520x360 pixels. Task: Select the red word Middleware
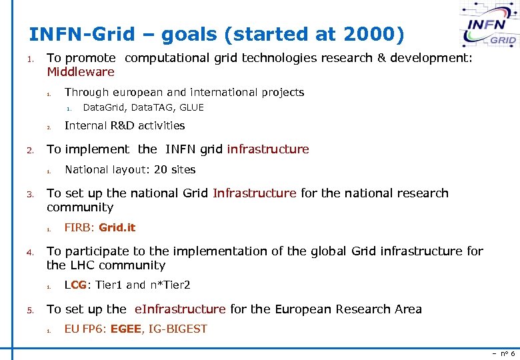click(x=81, y=72)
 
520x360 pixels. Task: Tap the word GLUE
click(x=192, y=107)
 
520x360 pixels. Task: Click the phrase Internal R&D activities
click(x=125, y=125)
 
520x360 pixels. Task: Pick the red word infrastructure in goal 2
click(x=268, y=149)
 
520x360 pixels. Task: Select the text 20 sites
click(x=175, y=169)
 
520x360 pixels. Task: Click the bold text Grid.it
click(x=117, y=227)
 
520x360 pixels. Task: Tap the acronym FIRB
click(x=79, y=227)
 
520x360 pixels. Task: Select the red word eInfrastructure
click(x=180, y=309)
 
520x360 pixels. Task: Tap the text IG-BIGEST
click(x=177, y=329)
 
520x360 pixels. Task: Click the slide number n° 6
click(x=504, y=353)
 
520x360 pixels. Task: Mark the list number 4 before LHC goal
click(x=29, y=252)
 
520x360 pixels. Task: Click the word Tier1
click(x=109, y=285)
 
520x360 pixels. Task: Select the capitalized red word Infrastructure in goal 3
click(x=254, y=193)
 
